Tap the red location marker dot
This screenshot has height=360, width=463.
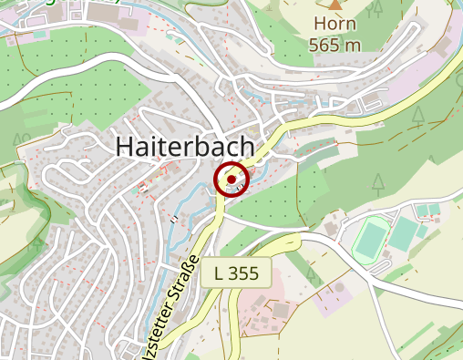pyautogui.click(x=231, y=180)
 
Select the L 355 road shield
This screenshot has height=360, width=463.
pyautogui.click(x=237, y=273)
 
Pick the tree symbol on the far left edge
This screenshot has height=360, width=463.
pyautogui.click(x=19, y=139)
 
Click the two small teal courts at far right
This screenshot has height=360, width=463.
pyautogui.click(x=428, y=211)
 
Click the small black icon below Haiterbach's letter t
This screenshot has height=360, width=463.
pyautogui.click(x=172, y=219)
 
